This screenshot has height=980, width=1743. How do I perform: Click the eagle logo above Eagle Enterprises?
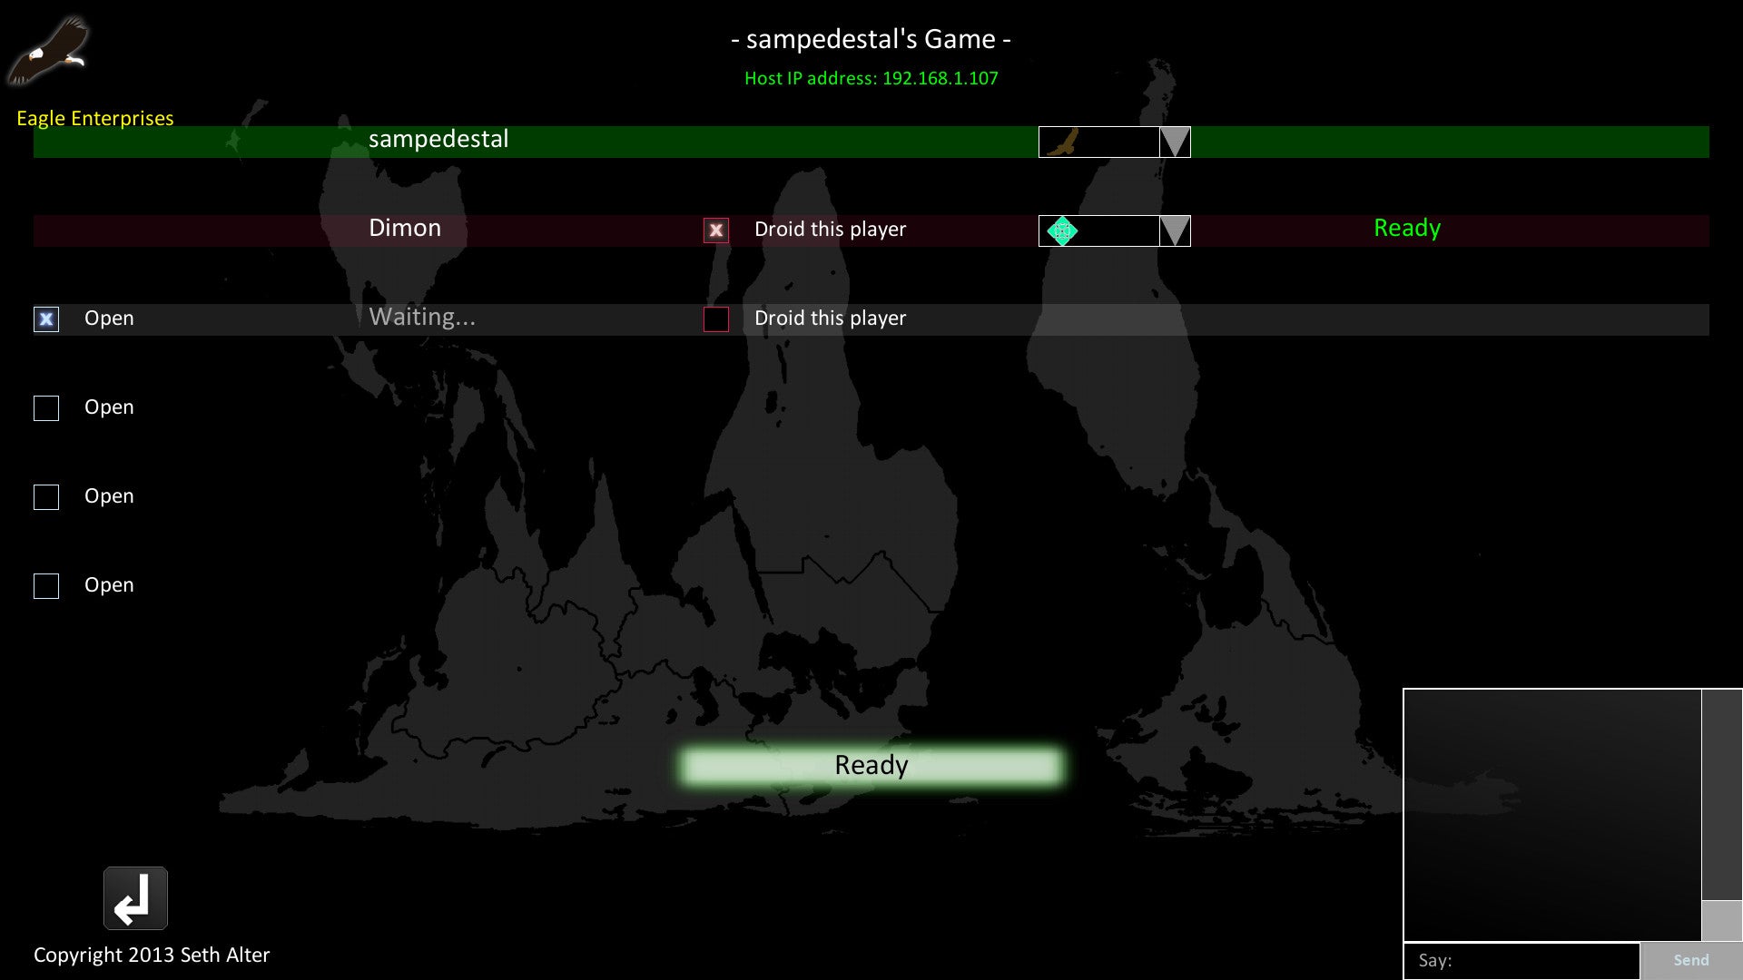(x=49, y=51)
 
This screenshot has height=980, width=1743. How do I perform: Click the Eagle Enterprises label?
(x=95, y=119)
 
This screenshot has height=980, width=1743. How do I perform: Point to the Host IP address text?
(x=871, y=79)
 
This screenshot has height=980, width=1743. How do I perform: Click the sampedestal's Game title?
(x=871, y=39)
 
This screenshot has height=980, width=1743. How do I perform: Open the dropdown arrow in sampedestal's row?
(x=1175, y=142)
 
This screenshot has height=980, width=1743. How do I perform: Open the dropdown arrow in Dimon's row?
(x=1175, y=230)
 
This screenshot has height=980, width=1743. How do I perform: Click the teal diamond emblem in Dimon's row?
(x=1062, y=230)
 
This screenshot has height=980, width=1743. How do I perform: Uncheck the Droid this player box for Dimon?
(x=716, y=230)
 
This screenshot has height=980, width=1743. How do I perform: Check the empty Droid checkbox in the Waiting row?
(x=716, y=319)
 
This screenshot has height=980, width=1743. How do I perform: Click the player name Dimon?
(x=405, y=228)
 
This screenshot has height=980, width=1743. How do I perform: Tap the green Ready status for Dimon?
(x=1407, y=229)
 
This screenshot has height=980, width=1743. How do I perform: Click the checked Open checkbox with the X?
(x=46, y=319)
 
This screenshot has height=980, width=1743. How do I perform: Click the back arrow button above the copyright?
(x=135, y=898)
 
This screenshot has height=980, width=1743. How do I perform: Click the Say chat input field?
(x=1521, y=961)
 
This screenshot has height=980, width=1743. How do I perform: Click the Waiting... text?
(x=422, y=317)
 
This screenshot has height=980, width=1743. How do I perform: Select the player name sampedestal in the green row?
(x=438, y=140)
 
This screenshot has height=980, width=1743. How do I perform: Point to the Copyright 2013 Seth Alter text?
(x=152, y=955)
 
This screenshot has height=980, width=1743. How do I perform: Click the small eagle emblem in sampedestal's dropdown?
(x=1062, y=142)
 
